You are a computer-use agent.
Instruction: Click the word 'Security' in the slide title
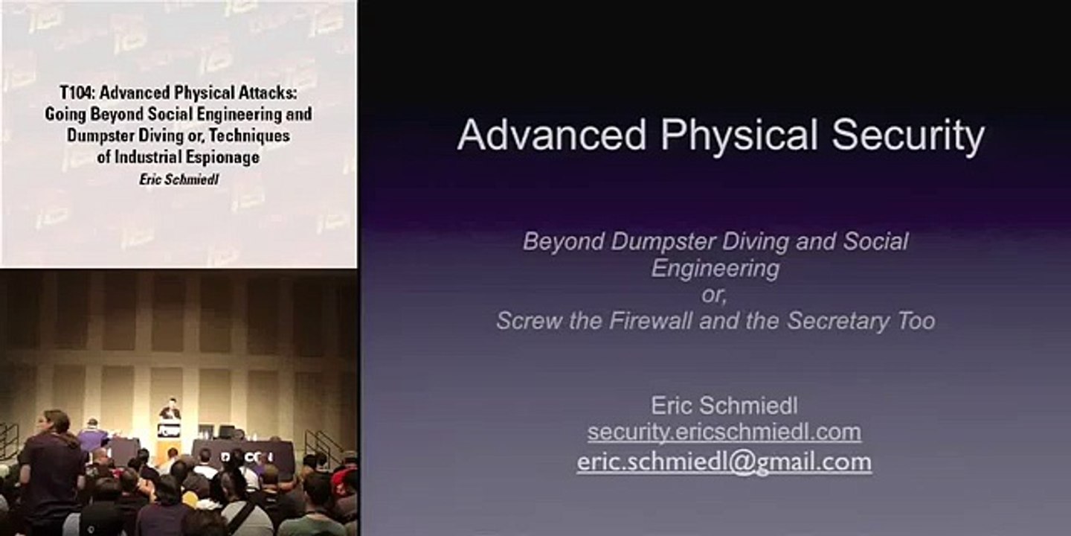click(x=908, y=136)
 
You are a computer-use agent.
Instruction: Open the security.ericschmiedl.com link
click(x=724, y=432)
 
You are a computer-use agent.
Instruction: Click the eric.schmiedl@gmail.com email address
click(x=724, y=462)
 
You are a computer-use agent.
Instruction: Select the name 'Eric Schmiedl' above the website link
click(x=724, y=405)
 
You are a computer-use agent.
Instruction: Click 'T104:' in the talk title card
click(x=77, y=93)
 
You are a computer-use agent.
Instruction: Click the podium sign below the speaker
click(x=170, y=431)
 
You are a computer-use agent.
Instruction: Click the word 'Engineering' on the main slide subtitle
click(x=715, y=268)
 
